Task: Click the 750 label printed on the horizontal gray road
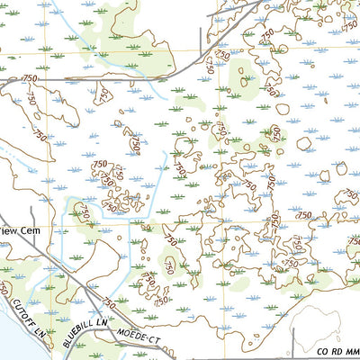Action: click(31, 79)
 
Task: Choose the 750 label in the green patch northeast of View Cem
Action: click(83, 212)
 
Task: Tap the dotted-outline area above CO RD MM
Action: click(328, 315)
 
